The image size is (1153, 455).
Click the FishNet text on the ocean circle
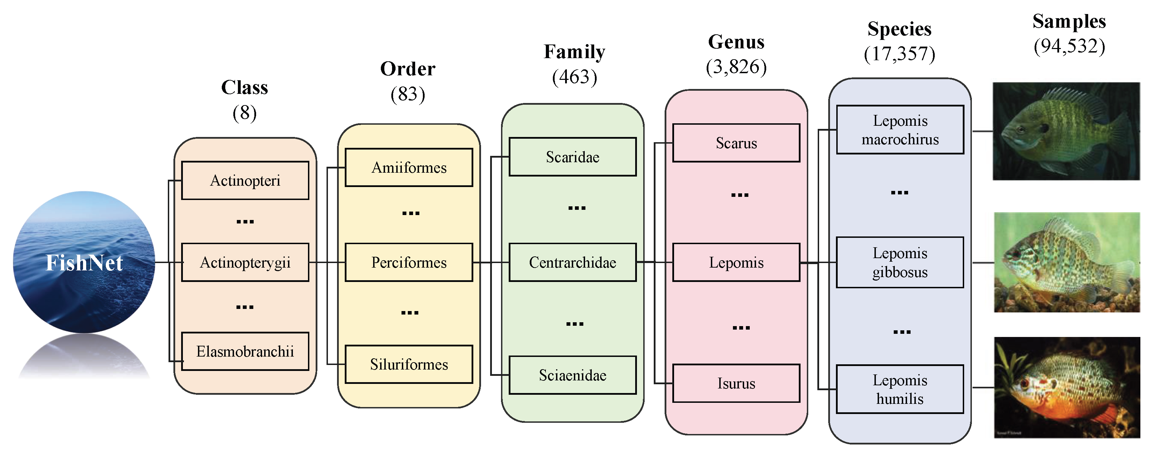tap(84, 263)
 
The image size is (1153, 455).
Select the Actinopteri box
tap(245, 180)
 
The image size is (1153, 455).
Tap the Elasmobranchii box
tap(245, 351)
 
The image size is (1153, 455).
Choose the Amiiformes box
tap(409, 167)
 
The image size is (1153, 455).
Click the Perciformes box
tap(409, 262)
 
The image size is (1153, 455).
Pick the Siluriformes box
tap(409, 364)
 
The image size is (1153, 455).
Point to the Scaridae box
tap(572, 157)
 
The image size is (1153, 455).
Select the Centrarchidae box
tap(572, 262)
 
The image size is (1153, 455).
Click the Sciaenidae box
tap(572, 375)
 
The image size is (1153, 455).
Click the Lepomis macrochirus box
tap(900, 130)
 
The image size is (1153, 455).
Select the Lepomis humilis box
tap(900, 389)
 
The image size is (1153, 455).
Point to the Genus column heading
tap(736, 42)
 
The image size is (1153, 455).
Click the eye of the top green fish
tap(1021, 130)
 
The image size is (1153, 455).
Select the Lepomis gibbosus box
tap(900, 262)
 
